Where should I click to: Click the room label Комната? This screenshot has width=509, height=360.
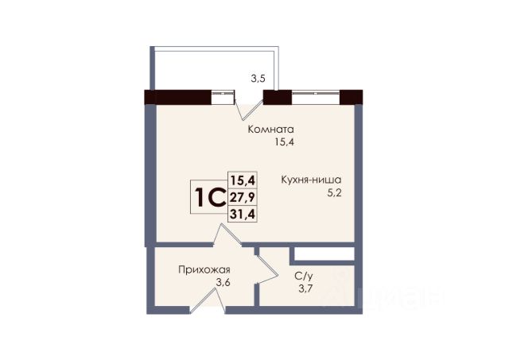[270, 130]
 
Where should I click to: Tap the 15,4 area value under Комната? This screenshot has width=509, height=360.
[285, 142]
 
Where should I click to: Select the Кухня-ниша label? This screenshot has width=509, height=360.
[311, 180]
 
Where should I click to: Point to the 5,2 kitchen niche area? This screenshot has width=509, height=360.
[335, 194]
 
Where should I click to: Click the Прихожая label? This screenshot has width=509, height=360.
[204, 270]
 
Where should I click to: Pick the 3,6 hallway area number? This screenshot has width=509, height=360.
[223, 283]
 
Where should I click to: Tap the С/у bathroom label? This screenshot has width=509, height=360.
[304, 277]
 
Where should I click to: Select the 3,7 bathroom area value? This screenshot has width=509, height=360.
[305, 288]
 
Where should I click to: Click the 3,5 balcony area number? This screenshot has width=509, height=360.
[258, 79]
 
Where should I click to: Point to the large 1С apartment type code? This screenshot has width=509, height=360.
[210, 198]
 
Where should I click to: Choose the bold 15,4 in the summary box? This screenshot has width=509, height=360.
[243, 180]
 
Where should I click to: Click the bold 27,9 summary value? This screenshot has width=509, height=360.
[243, 196]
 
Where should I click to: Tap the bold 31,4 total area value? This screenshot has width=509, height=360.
[243, 214]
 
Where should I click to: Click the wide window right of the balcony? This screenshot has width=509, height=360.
[316, 97]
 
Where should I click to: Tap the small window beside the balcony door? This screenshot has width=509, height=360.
[223, 97]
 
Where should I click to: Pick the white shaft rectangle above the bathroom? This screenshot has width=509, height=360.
[324, 254]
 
